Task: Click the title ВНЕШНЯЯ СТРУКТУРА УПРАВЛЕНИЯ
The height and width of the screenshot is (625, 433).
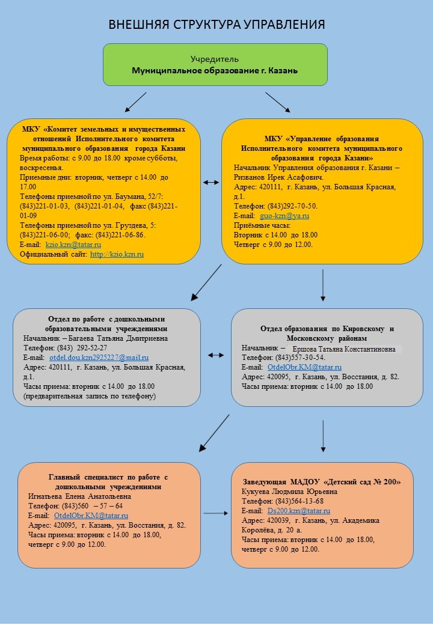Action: click(x=216, y=25)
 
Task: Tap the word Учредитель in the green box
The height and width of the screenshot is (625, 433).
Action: click(x=215, y=59)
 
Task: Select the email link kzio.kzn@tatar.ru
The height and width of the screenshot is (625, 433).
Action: click(x=73, y=245)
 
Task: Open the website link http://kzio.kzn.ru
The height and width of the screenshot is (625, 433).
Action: click(x=117, y=254)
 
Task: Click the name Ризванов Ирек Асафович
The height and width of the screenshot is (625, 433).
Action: click(x=278, y=177)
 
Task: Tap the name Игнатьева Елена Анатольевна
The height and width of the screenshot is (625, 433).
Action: click(x=79, y=496)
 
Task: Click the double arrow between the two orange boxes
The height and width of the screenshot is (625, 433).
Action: click(x=211, y=182)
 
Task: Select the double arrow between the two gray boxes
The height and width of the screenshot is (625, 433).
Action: click(x=216, y=355)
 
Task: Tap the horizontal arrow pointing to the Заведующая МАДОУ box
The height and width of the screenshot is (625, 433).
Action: click(x=215, y=513)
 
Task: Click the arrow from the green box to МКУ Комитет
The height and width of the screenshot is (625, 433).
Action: click(x=135, y=102)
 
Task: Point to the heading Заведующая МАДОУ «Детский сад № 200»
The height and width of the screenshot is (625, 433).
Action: click(x=321, y=482)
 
